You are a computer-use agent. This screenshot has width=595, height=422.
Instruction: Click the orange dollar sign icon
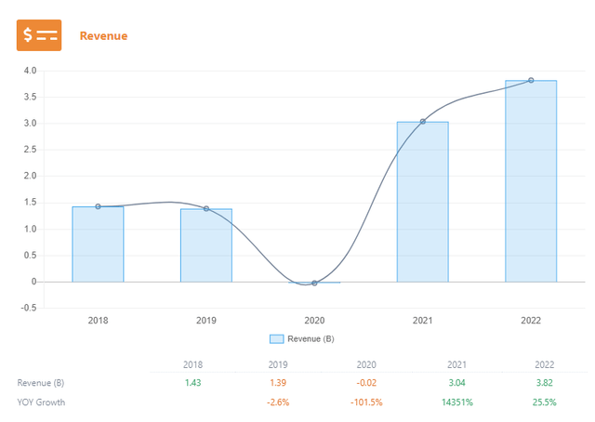(39, 35)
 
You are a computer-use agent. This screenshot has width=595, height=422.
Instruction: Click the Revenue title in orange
(103, 36)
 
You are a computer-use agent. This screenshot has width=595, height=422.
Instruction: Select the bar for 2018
(98, 244)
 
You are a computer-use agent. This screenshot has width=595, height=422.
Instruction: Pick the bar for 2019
(206, 245)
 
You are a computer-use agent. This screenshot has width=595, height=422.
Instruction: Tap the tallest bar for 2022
(531, 181)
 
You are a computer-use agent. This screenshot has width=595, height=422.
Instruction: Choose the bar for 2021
(423, 202)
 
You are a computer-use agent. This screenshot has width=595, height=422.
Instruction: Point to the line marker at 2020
(314, 283)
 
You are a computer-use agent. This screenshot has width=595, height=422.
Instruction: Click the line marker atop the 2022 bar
(531, 80)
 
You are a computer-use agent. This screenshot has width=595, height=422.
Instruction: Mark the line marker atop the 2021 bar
(423, 122)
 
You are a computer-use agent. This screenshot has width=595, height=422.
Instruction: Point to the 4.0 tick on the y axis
(31, 71)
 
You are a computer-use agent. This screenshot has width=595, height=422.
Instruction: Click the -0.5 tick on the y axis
(29, 308)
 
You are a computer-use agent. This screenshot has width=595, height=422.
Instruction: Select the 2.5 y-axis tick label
(31, 150)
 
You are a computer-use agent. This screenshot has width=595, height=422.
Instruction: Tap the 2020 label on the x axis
(314, 320)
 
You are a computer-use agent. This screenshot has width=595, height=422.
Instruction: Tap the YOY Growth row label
(42, 402)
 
